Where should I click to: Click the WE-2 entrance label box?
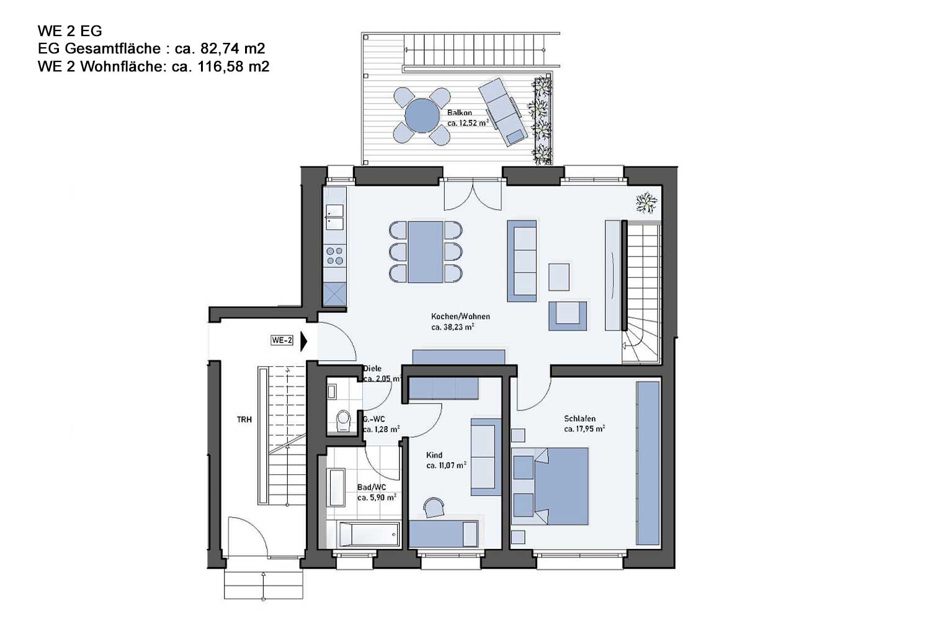pos(282,340)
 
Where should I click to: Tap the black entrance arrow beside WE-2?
pos(303,341)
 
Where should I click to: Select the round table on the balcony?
pos(422,116)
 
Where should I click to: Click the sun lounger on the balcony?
pos(503,112)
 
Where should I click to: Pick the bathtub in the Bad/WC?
pos(369,534)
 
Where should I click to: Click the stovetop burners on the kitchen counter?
pos(334,256)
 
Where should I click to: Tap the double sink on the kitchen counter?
pos(334,217)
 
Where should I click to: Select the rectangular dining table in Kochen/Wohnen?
pos(425,252)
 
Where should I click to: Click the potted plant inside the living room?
pos(646,202)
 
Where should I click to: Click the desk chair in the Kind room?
pos(434,507)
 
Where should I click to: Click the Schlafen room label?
pos(579,419)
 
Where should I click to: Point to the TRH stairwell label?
pos(244,420)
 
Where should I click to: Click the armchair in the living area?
pos(568,315)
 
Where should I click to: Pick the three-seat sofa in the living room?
pos(522,261)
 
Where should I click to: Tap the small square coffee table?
pos(559,277)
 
